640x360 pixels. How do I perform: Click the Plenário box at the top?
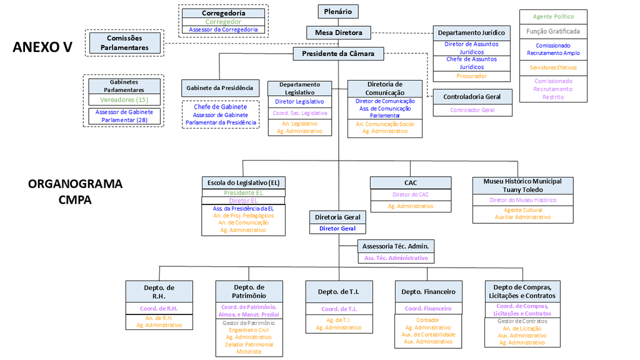pos(338,11)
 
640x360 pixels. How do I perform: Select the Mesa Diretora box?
pos(338,32)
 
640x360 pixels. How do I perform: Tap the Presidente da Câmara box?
pos(338,54)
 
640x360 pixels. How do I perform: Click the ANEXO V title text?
pos(42,47)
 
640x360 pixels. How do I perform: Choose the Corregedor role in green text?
pos(223,22)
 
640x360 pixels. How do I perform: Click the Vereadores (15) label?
pos(124,100)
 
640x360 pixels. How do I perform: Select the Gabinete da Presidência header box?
pos(220,88)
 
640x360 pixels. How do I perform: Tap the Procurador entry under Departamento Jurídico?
pos(472,76)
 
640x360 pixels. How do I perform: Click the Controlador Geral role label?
pos(472,110)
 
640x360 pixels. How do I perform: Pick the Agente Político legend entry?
pos(553,17)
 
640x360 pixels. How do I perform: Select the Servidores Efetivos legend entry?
pos(553,67)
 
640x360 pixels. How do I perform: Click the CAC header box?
pos(410,183)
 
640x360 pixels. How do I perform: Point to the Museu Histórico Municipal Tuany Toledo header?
pos(522,186)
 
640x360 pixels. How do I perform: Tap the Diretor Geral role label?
pos(337,229)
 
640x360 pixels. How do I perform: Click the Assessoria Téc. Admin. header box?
pos(396,246)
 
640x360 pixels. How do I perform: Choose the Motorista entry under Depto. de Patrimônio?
pos(249,352)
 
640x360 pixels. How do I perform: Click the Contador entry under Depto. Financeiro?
pos(428,320)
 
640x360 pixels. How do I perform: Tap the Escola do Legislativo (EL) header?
pos(243,183)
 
